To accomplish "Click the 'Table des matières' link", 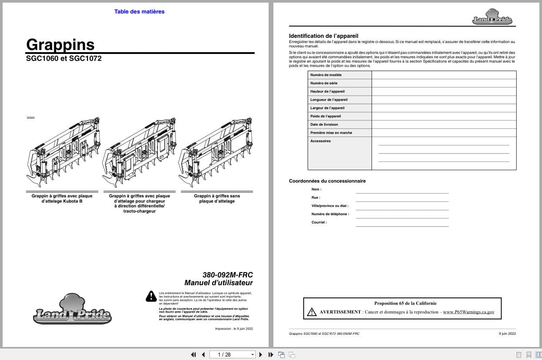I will (139, 12).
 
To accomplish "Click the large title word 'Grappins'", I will (60, 44).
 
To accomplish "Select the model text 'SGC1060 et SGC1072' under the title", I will (64, 58).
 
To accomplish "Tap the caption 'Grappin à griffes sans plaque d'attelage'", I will (216, 199).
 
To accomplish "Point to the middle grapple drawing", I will (139, 152).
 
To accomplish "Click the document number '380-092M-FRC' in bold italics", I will (227, 275).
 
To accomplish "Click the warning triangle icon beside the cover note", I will (151, 297).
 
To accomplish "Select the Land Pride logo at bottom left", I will (72, 310).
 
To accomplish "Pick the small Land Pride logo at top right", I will (492, 17).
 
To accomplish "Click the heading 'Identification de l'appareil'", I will (323, 36).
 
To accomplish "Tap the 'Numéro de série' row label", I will (324, 83).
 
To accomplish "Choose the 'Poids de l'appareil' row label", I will (326, 116).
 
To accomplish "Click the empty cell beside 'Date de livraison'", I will (444, 124).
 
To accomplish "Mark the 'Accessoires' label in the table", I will (320, 141).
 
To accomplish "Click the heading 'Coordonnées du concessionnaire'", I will (327, 181).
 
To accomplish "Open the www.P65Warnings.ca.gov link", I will (469, 312).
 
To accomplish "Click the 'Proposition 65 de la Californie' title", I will (405, 303).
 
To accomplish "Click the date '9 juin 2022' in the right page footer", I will (507, 333).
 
